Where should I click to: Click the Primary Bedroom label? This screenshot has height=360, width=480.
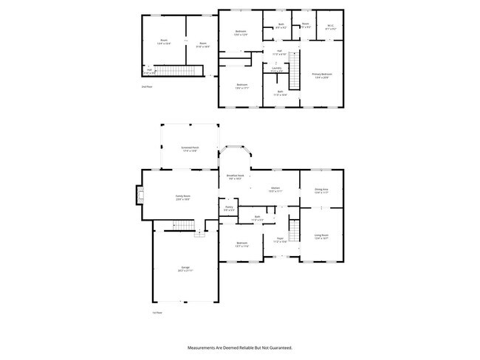pos(321,75)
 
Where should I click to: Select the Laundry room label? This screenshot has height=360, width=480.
pos(276,69)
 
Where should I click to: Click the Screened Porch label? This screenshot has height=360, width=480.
pos(190,148)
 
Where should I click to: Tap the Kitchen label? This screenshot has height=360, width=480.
pos(275,190)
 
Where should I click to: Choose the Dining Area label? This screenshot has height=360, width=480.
pos(321,190)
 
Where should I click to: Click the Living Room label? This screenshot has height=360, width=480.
pos(321,237)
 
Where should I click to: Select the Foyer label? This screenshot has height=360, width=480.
pos(281,240)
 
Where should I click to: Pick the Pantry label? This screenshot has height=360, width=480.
pos(230,209)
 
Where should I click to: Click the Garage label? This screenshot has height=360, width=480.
pos(185,269)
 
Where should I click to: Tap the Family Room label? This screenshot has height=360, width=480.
pos(182,198)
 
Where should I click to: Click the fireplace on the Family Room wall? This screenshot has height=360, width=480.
pos(138,195)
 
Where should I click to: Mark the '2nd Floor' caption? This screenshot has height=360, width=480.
pos(147,86)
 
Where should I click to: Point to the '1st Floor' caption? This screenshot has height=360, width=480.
pos(157,313)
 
